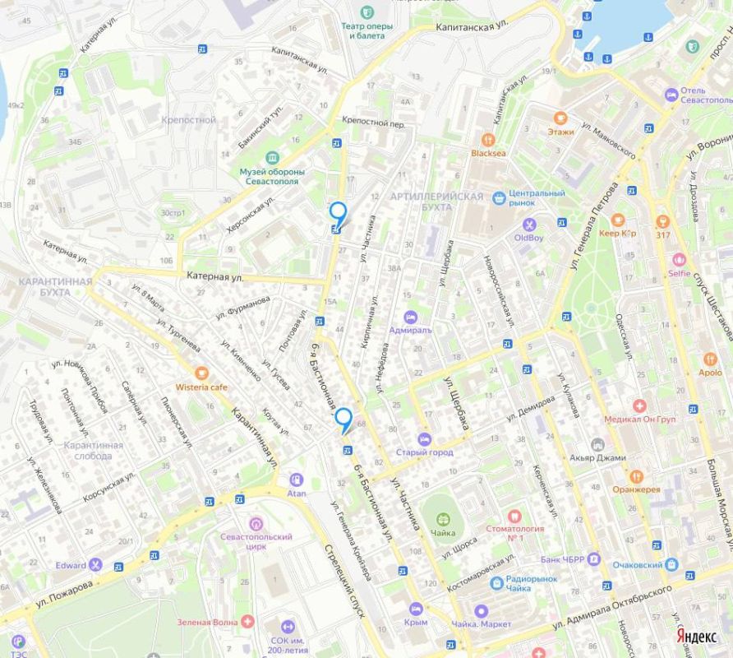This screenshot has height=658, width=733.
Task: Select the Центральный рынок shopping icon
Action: coord(498,197)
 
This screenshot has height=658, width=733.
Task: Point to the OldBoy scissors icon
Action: coord(529,225)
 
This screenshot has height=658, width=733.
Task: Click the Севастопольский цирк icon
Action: coord(256,523)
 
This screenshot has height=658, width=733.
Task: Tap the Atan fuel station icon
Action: coord(296,480)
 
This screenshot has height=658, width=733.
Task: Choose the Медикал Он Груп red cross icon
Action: coord(638,406)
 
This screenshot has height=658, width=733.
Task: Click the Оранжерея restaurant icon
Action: coord(635,476)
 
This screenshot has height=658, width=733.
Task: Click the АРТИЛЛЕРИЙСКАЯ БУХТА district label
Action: coord(436,202)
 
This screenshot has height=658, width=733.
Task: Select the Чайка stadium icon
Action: coord(444,519)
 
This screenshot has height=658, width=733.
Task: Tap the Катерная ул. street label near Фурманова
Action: coord(214,277)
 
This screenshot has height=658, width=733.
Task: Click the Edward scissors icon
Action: coord(96,564)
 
